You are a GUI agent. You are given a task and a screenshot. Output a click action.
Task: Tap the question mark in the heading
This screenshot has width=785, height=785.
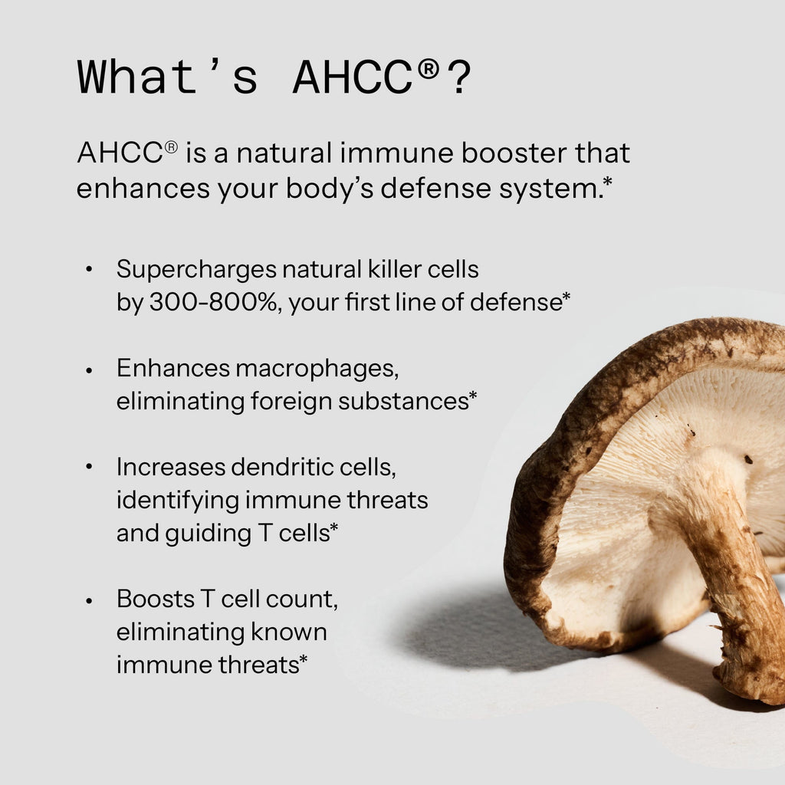pyautogui.click(x=459, y=77)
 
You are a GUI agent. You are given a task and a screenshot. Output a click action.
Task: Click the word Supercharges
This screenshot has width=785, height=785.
pyautogui.click(x=196, y=269)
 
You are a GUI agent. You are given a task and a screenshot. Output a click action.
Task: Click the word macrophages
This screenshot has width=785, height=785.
pyautogui.click(x=317, y=369)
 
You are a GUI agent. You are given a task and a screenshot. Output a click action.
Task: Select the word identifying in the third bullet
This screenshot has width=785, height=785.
pyautogui.click(x=177, y=501)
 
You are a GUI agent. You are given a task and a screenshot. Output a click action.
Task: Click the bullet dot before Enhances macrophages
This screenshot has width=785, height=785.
pyautogui.click(x=90, y=370)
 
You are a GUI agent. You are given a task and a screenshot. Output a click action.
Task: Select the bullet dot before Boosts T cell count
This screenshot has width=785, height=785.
pyautogui.click(x=90, y=599)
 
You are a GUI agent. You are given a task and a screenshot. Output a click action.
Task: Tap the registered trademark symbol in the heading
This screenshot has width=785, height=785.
pyautogui.click(x=429, y=70)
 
